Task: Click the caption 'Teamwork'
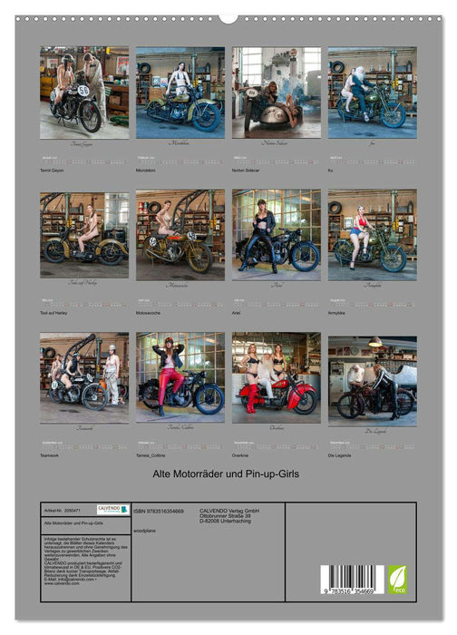pos(51,454)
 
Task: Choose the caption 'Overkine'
pos(243,454)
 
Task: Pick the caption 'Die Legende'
pos(340,454)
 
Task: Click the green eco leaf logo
pos(397,580)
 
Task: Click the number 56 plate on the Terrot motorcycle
pos(83,91)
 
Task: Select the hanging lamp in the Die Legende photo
pos(374,343)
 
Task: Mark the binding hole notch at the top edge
pos(228,17)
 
